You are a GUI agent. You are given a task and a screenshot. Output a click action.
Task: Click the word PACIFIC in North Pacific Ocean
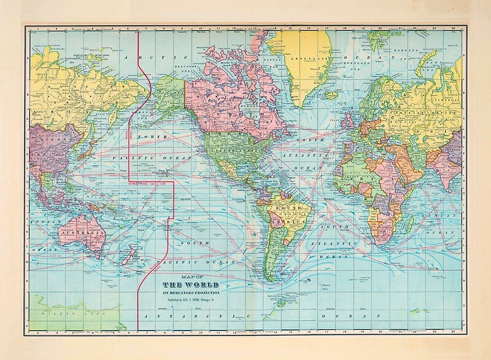pos(132,158)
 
